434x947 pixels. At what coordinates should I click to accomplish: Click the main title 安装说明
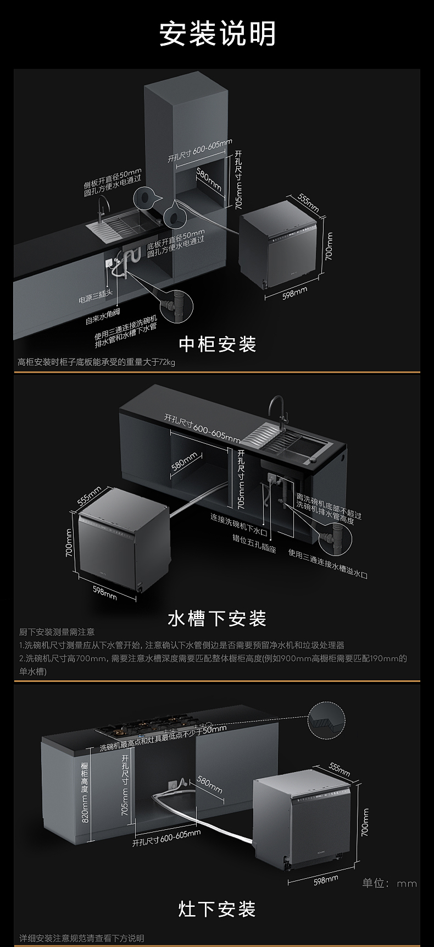point(217,34)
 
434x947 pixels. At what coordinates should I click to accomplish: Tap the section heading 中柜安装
point(218,344)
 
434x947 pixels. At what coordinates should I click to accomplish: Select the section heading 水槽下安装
point(217,619)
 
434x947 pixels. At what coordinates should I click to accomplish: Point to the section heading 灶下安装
point(217,909)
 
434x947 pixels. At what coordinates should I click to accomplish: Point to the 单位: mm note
point(389,883)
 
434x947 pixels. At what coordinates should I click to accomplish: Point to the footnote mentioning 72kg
point(96,362)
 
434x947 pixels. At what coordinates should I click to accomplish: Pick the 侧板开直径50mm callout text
point(112,182)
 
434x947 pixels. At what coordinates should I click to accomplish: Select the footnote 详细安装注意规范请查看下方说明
point(82,938)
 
